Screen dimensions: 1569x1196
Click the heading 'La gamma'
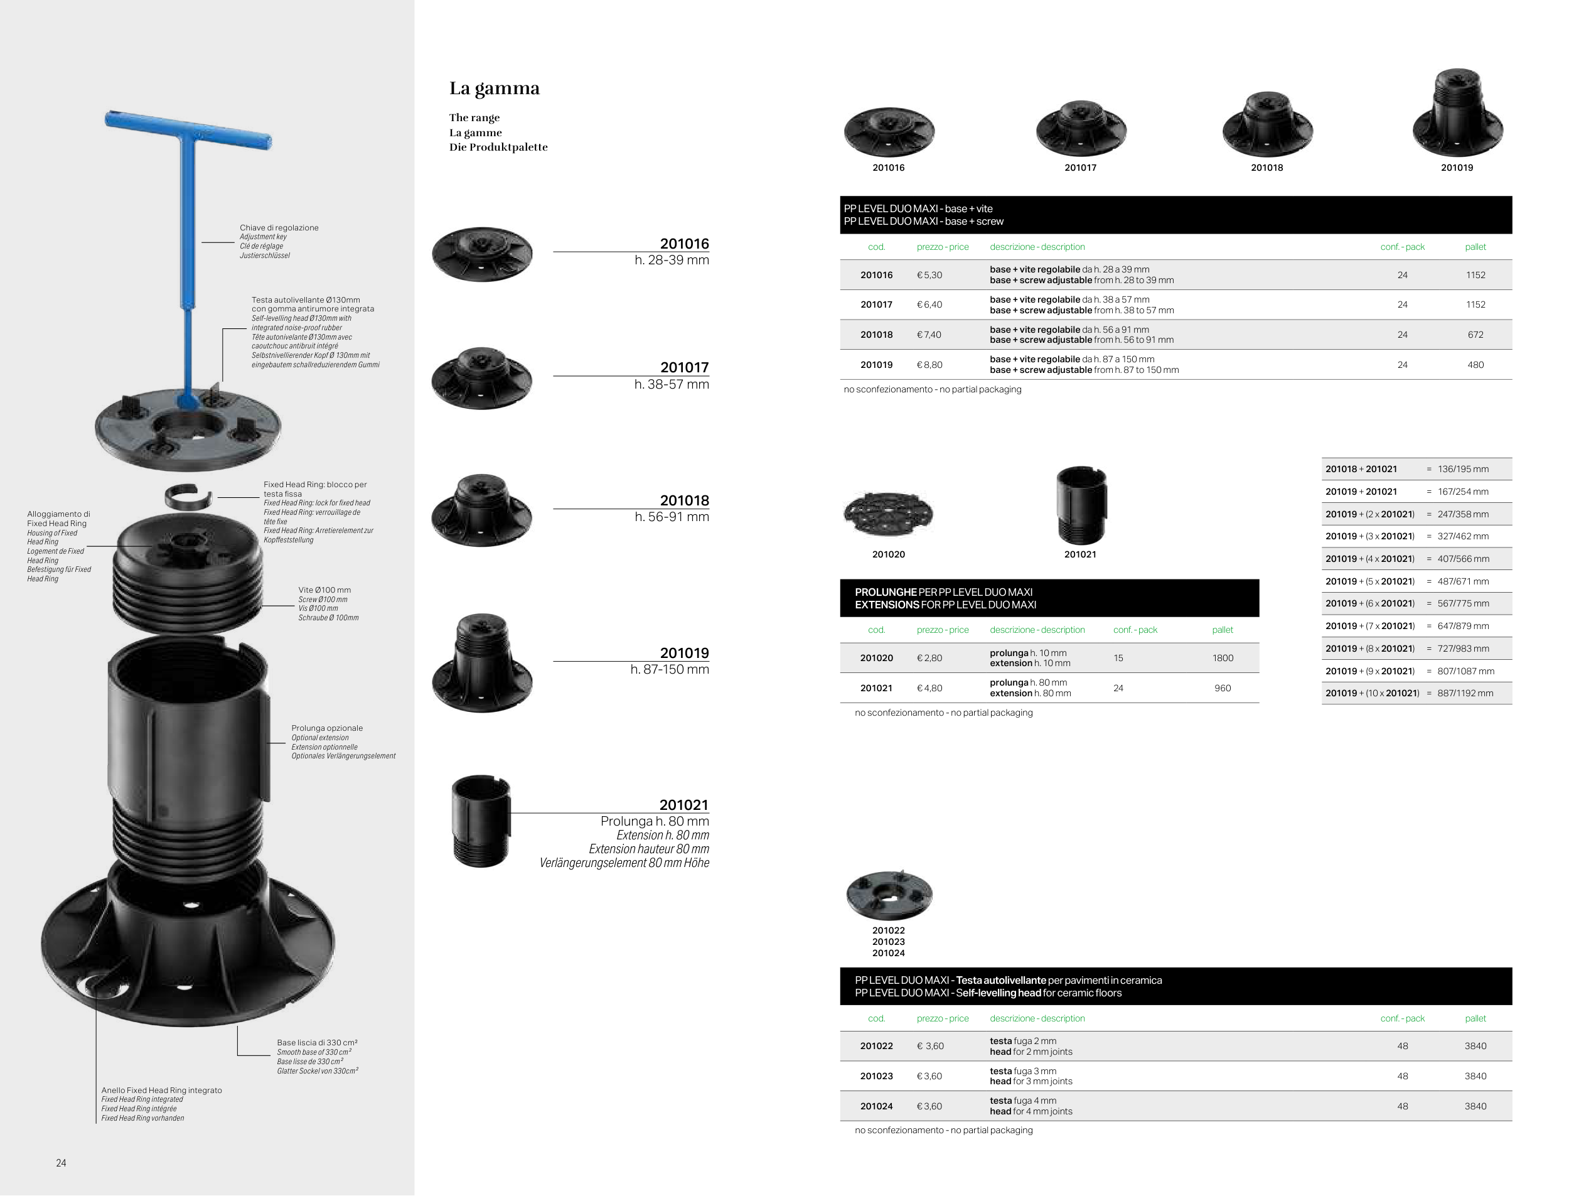(x=495, y=89)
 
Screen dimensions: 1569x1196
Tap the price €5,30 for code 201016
(x=929, y=275)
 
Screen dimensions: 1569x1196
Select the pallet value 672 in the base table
(x=1475, y=335)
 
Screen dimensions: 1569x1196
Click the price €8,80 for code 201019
(x=929, y=365)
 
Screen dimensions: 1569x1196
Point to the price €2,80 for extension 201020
(x=929, y=659)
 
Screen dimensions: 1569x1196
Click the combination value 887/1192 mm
(x=1465, y=693)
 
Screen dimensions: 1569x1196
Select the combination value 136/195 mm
(x=1463, y=469)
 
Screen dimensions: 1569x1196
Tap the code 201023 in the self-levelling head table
(x=876, y=1076)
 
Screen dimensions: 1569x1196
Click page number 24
(x=62, y=1163)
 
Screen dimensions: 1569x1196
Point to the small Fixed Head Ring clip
(x=188, y=496)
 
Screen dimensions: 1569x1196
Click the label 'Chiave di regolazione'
(x=279, y=228)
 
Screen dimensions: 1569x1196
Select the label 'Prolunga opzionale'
(x=326, y=728)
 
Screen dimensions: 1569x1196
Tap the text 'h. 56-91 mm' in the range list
(x=672, y=517)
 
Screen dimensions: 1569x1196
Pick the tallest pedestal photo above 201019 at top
(x=1457, y=112)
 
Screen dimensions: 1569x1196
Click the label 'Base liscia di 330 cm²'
(x=318, y=1043)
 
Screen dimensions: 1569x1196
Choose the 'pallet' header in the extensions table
(x=1223, y=630)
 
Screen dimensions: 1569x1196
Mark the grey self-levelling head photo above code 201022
(x=889, y=895)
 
